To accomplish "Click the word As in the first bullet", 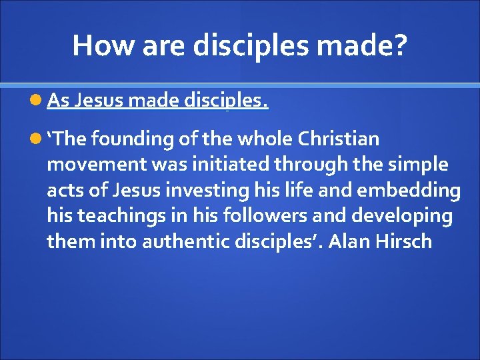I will click(58, 101).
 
